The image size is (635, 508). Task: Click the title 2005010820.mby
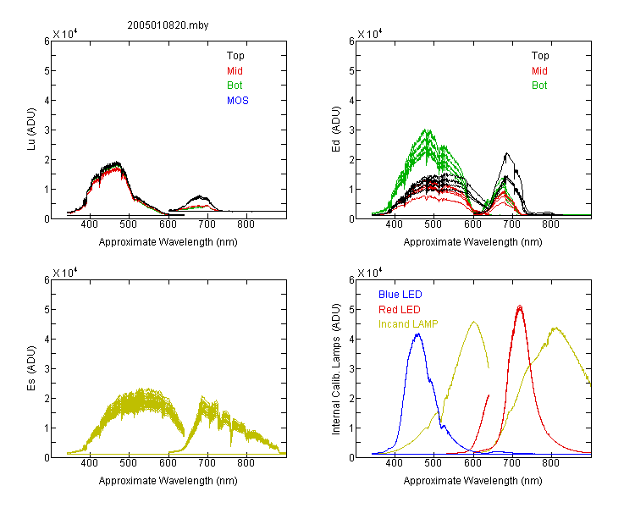click(x=168, y=25)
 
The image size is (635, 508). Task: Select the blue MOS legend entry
click(x=238, y=101)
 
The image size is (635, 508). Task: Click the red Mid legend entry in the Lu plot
click(x=235, y=71)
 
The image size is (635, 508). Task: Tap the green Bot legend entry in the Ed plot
click(x=539, y=86)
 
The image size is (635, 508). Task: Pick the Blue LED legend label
click(x=400, y=295)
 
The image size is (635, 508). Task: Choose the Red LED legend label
click(x=400, y=310)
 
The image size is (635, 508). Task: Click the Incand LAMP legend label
click(x=408, y=324)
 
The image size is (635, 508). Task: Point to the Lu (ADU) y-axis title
click(x=31, y=130)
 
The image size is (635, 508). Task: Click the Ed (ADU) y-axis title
click(x=336, y=130)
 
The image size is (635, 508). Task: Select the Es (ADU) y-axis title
click(x=31, y=368)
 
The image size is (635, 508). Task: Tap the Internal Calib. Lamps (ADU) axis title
click(x=336, y=369)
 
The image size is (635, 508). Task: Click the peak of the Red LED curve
click(x=520, y=306)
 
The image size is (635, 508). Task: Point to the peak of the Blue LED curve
click(x=418, y=334)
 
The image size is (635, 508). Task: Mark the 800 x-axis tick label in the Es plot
click(x=246, y=463)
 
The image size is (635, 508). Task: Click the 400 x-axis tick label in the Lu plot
click(x=89, y=224)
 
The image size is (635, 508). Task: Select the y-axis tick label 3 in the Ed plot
click(x=351, y=130)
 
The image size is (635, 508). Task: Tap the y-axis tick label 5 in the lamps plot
click(x=351, y=310)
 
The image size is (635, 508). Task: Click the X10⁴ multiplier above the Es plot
click(x=65, y=273)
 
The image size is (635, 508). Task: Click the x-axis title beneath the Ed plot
click(x=472, y=242)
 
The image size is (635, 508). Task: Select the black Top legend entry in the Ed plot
click(x=540, y=56)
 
